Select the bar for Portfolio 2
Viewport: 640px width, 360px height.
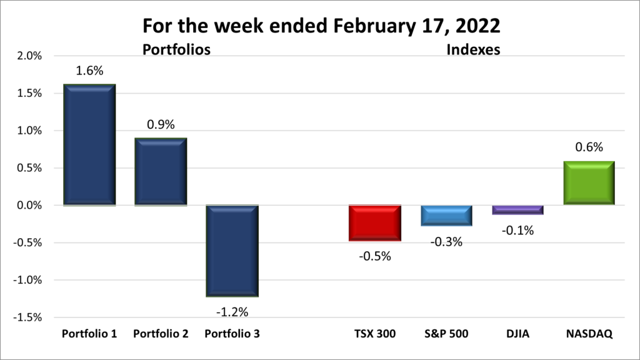tap(161, 172)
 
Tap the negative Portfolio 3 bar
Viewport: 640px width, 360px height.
tap(232, 251)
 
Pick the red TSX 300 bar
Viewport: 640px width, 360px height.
tap(375, 223)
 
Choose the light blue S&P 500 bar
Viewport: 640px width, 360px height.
tap(446, 216)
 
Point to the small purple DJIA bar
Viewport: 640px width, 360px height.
tap(517, 210)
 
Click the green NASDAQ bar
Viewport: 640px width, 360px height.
tap(589, 183)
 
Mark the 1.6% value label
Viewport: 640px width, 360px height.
tap(89, 71)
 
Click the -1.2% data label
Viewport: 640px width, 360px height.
tap(232, 311)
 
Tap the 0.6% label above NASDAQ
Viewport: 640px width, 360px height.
tap(589, 147)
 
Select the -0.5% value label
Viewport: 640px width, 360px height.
tap(375, 256)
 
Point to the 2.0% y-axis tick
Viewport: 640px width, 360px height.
tap(29, 56)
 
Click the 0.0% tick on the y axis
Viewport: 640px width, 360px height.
tap(29, 206)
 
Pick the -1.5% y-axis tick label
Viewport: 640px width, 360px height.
tap(28, 317)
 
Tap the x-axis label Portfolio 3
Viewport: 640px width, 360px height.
tap(232, 334)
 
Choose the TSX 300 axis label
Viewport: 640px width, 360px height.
tap(375, 334)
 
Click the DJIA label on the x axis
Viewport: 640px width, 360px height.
tap(517, 334)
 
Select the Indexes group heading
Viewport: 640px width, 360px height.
tap(473, 49)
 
